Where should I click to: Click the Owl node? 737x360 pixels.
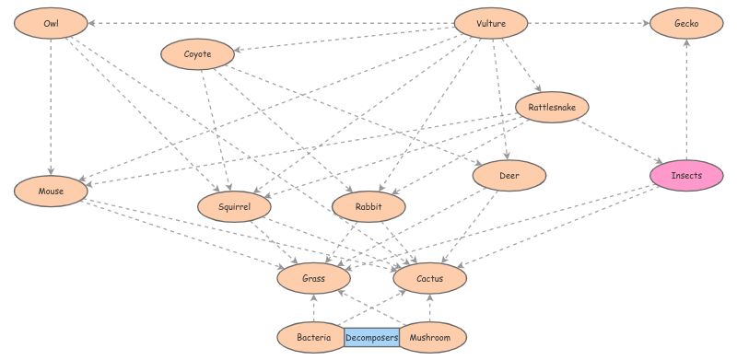pyautogui.click(x=51, y=22)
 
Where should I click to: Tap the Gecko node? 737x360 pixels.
pyautogui.click(x=685, y=23)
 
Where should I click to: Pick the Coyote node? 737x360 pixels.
pyautogui.click(x=197, y=54)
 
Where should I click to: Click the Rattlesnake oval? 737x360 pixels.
pyautogui.click(x=552, y=108)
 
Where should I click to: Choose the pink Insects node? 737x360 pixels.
pyautogui.click(x=685, y=175)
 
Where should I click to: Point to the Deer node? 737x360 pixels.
pyautogui.click(x=510, y=175)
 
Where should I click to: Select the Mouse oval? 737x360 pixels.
pyautogui.click(x=51, y=191)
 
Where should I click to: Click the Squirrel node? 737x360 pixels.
pyautogui.click(x=236, y=207)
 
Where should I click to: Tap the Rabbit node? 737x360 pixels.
pyautogui.click(x=368, y=207)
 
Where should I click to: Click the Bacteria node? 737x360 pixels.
pyautogui.click(x=314, y=338)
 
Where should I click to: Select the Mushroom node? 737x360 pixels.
pyautogui.click(x=430, y=338)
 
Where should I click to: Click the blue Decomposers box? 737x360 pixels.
pyautogui.click(x=372, y=338)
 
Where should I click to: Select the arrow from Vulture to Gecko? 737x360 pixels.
pyautogui.click(x=590, y=22)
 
